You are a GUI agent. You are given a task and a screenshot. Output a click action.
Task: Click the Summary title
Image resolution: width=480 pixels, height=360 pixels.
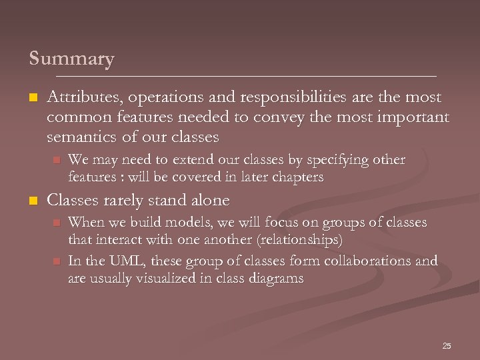pos(71,59)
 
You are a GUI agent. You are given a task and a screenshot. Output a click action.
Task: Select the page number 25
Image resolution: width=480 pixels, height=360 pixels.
pos(447,346)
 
